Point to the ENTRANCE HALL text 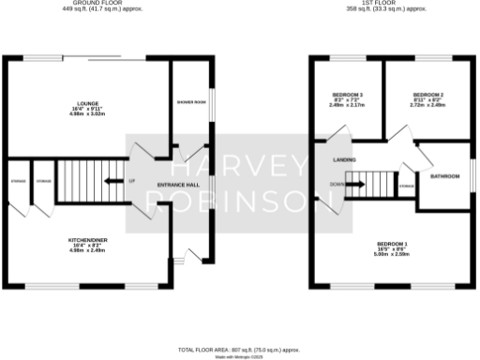click(x=176, y=185)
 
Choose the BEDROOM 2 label click(x=427, y=96)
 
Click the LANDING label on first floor click(x=343, y=160)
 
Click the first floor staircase click(x=378, y=184)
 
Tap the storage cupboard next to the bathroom click(x=405, y=187)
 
